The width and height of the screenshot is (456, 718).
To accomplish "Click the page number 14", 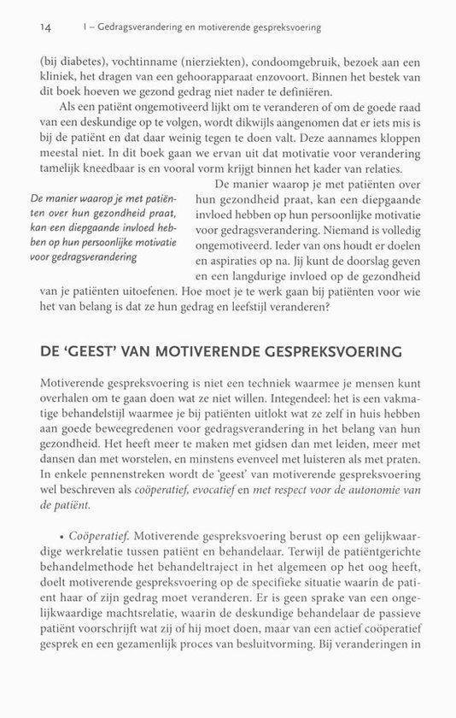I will pyautogui.click(x=46, y=27).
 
